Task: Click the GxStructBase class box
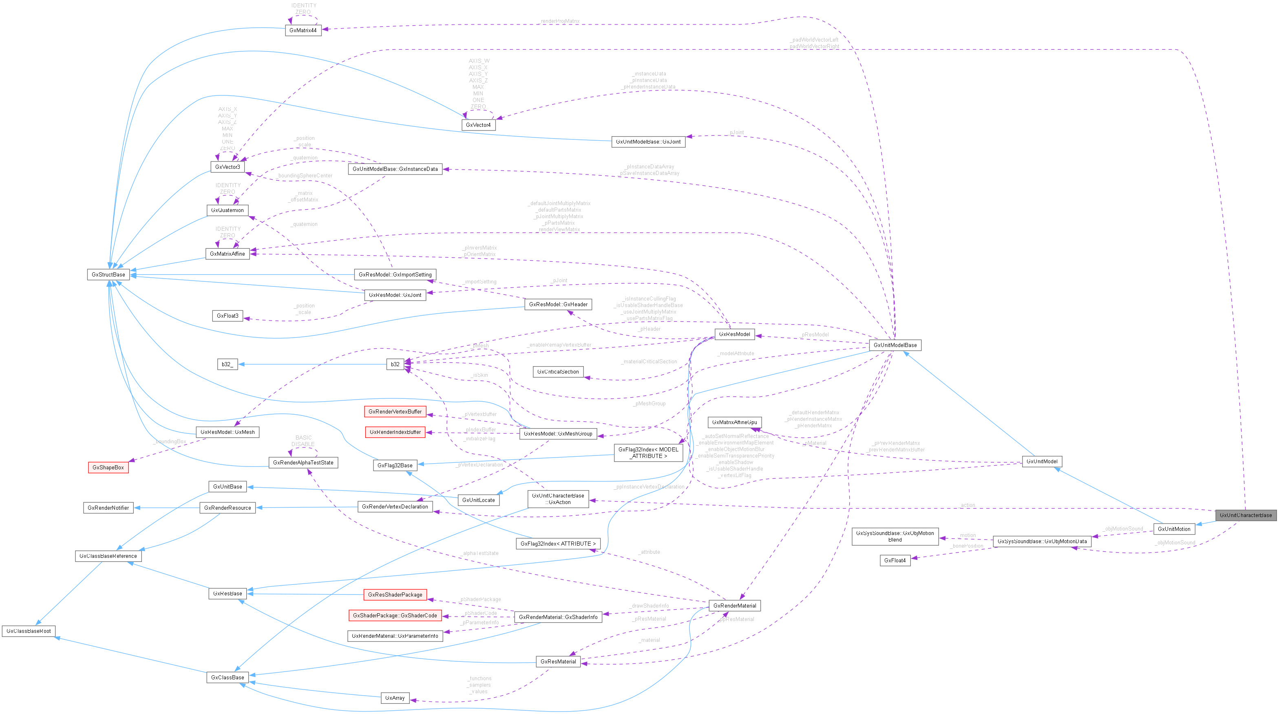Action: pyautogui.click(x=108, y=274)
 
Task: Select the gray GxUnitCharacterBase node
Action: pyautogui.click(x=1245, y=515)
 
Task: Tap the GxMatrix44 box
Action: pyautogui.click(x=303, y=30)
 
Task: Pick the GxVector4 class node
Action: pyautogui.click(x=478, y=125)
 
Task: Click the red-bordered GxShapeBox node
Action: pyautogui.click(x=108, y=467)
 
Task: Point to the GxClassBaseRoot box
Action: pyautogui.click(x=29, y=631)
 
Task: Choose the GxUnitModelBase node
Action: pyautogui.click(x=895, y=345)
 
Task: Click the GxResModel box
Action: pyautogui.click(x=734, y=334)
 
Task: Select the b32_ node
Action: pyautogui.click(x=228, y=364)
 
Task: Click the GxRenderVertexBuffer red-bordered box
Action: pyautogui.click(x=395, y=411)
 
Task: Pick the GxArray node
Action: pyautogui.click(x=395, y=698)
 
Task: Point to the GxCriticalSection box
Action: pyautogui.click(x=558, y=371)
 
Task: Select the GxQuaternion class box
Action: pyautogui.click(x=228, y=210)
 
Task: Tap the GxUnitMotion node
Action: pyautogui.click(x=1174, y=529)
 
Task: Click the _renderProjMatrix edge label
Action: pyautogui.click(x=559, y=21)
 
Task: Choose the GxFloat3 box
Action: pyautogui.click(x=228, y=316)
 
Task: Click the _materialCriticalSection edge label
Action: pyautogui.click(x=649, y=361)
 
